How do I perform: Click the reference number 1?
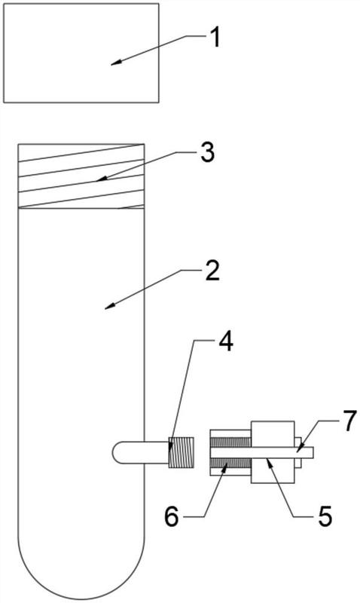(215, 38)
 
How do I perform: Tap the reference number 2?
(212, 271)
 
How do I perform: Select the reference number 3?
(207, 152)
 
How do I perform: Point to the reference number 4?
(225, 342)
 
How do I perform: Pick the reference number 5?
(325, 517)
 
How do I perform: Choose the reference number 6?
(172, 517)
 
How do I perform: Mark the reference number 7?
(350, 422)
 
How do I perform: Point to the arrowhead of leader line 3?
(99, 179)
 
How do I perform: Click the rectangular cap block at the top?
(81, 53)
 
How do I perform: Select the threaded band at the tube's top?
(81, 176)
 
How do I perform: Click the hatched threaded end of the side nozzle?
(181, 453)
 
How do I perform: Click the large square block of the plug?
(273, 452)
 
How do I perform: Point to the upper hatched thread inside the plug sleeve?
(230, 442)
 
